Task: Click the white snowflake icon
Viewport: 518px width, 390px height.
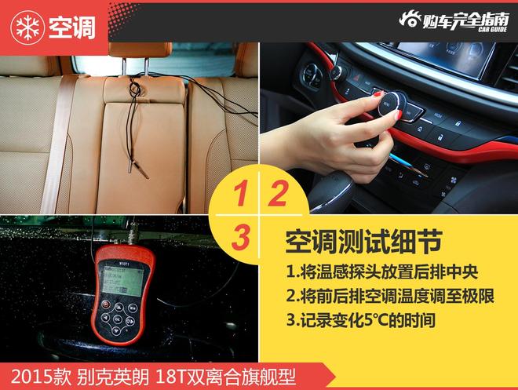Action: pyautogui.click(x=27, y=27)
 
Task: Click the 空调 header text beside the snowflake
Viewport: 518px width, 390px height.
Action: pyautogui.click(x=72, y=27)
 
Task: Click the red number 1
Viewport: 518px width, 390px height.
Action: pyautogui.click(x=240, y=194)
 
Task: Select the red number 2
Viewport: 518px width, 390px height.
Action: pyautogui.click(x=278, y=194)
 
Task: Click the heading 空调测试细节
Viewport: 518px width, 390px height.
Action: pyautogui.click(x=363, y=242)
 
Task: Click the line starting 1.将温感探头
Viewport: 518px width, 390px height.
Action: pyautogui.click(x=382, y=272)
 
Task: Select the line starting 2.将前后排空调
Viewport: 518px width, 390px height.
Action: pyautogui.click(x=390, y=296)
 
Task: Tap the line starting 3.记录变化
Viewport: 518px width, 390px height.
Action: pyautogui.click(x=361, y=319)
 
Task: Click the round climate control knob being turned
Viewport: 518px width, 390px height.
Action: pyautogui.click(x=392, y=103)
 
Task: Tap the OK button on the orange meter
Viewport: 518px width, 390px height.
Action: pyautogui.click(x=118, y=319)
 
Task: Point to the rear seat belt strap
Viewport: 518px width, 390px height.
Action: pyautogui.click(x=57, y=144)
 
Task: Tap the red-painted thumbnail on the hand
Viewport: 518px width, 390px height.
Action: pyautogui.click(x=398, y=115)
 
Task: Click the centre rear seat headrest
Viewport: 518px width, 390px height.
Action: pyautogui.click(x=140, y=49)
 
